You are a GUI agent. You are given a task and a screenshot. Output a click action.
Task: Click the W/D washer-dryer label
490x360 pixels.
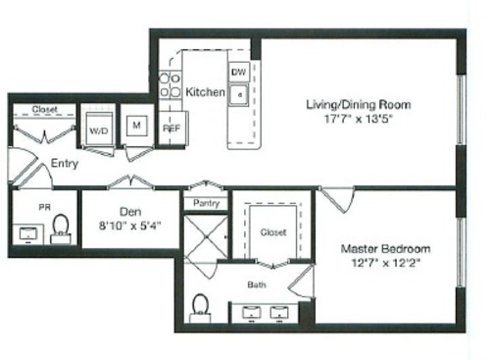(x=98, y=129)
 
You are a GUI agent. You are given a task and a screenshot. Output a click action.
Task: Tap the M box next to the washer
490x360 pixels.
(x=137, y=127)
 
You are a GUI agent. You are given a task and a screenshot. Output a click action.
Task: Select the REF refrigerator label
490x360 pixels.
(x=170, y=127)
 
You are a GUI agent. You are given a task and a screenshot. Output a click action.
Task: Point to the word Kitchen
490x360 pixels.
(x=206, y=92)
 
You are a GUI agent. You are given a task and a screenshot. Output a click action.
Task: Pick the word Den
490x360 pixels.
(x=131, y=209)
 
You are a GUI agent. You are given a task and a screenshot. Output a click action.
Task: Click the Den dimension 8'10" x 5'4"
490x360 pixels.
(x=131, y=224)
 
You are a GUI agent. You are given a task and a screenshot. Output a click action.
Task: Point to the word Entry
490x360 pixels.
(x=64, y=163)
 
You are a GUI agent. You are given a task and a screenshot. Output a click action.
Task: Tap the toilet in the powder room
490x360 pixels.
(x=61, y=230)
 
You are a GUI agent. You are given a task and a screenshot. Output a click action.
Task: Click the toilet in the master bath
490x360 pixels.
(x=201, y=308)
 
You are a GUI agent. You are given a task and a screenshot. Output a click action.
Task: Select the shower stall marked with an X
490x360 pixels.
(x=206, y=238)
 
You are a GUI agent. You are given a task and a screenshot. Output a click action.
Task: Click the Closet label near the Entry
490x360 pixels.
(x=45, y=110)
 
